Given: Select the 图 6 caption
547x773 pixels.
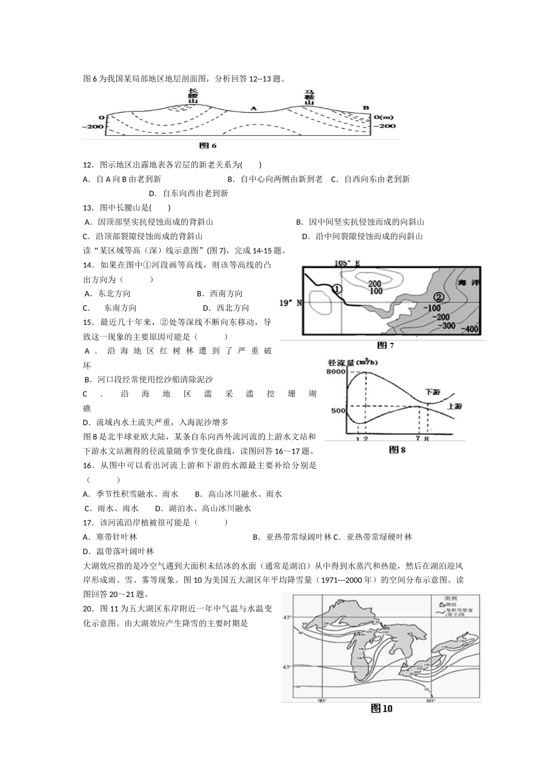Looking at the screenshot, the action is pos(207,146).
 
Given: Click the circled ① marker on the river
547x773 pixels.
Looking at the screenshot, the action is pos(337,288).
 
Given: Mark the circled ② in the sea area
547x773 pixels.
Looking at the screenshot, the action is pos(438,297).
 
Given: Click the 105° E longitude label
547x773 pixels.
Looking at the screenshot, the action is pos(347,263).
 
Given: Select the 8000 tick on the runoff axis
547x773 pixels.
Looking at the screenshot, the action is pos(336,372).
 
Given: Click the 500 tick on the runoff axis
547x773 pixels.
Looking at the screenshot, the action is pos(338,410).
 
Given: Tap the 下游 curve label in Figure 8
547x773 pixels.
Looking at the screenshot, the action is pos(432,391).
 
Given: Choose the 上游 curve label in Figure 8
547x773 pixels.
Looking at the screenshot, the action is pos(454,406).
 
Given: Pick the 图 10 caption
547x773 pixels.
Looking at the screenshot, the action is pos(381,709).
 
